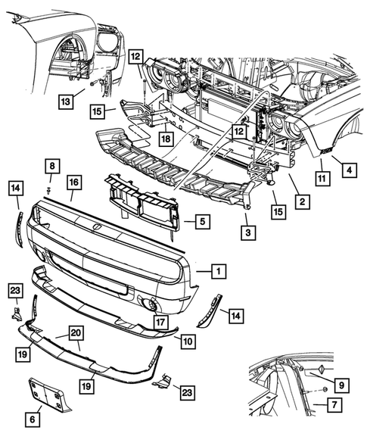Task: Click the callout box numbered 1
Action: pyautogui.click(x=216, y=270)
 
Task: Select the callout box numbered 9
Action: pyautogui.click(x=342, y=386)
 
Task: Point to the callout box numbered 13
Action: pyautogui.click(x=66, y=101)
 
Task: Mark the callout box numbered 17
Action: pyautogui.click(x=159, y=322)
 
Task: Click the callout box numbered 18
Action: pyautogui.click(x=164, y=139)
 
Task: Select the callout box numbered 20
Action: pyautogui.click(x=76, y=332)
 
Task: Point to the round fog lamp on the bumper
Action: pyautogui.click(x=151, y=304)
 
